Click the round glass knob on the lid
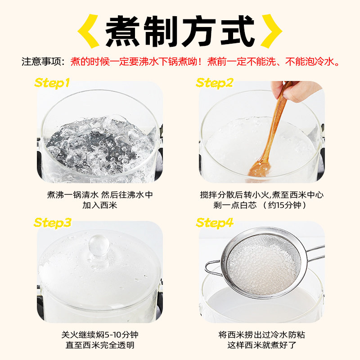pyautogui.click(x=99, y=245)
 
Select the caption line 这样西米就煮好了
pyautogui.click(x=261, y=346)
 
